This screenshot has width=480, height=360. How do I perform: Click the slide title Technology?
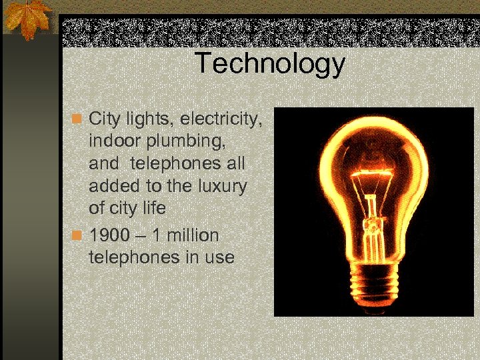[270, 64]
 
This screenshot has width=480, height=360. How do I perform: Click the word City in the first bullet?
[103, 120]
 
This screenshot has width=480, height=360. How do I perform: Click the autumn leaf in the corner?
[29, 18]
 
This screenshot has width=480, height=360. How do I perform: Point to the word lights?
[147, 120]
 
